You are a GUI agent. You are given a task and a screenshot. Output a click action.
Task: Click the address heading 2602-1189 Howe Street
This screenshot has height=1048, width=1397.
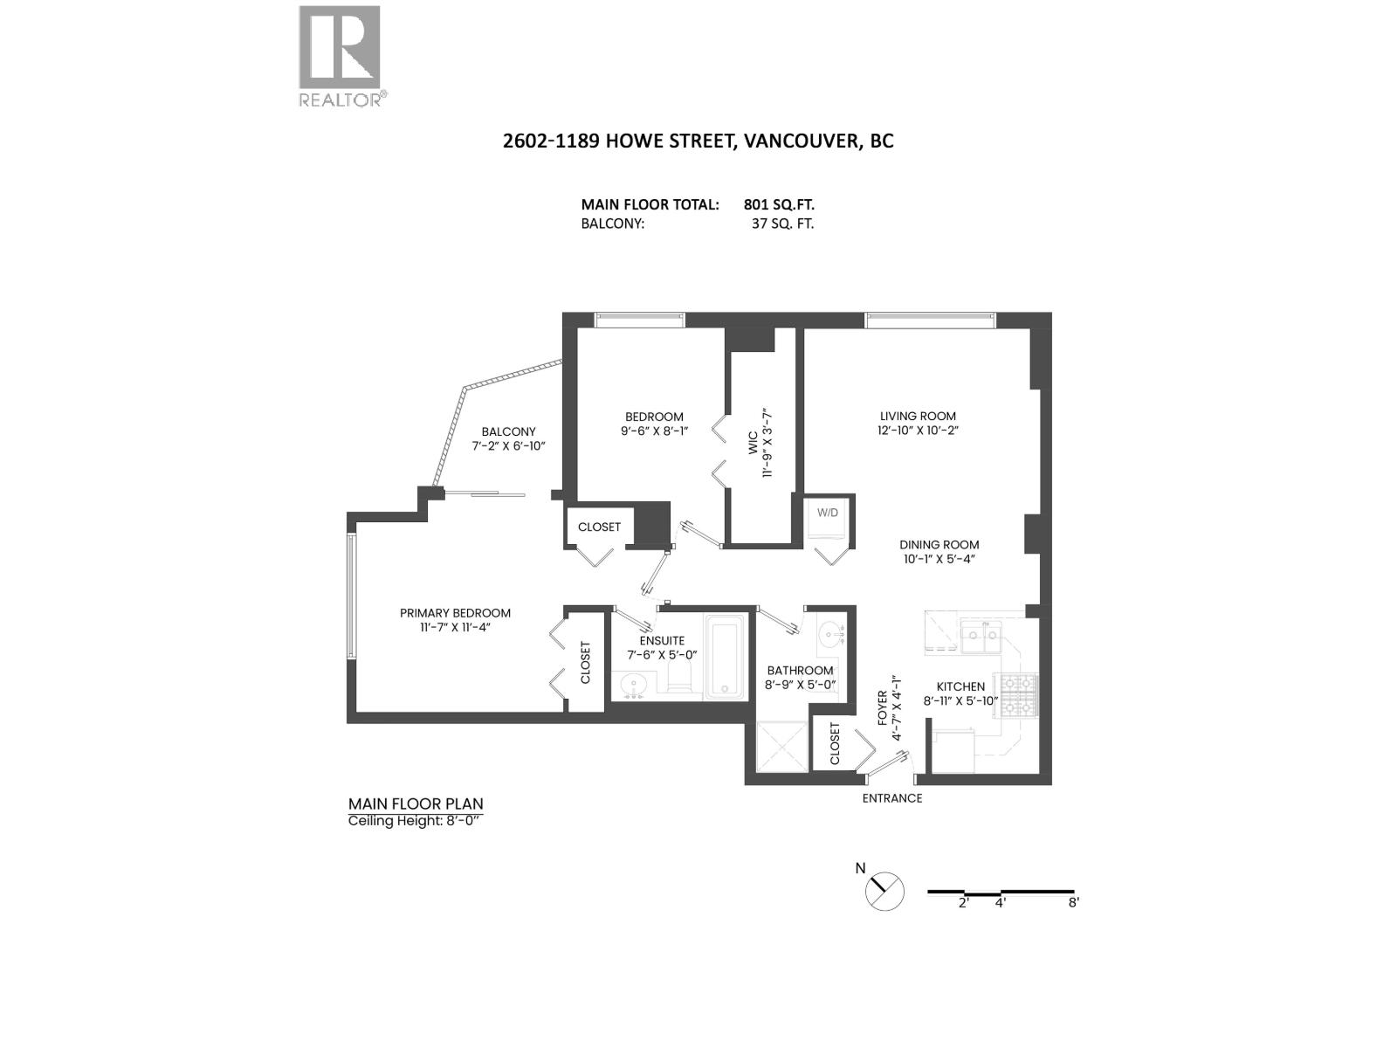[x=698, y=141]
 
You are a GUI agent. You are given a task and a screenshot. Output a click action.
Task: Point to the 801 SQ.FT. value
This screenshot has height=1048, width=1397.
[x=779, y=205]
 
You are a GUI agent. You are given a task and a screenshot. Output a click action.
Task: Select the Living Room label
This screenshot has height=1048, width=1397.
[x=917, y=417]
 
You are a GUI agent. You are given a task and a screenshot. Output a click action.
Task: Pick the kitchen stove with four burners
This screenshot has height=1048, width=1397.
[x=1017, y=696]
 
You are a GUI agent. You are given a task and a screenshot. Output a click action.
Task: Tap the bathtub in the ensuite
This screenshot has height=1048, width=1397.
[x=726, y=658]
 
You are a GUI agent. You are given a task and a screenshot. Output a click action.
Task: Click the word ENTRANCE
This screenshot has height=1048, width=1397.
[x=891, y=798]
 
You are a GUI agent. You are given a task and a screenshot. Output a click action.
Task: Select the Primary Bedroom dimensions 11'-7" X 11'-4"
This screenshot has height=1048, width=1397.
[x=454, y=627]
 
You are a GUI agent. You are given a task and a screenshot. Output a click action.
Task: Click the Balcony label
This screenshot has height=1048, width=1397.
[x=508, y=431]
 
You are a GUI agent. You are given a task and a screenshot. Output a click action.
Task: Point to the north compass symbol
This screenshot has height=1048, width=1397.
[x=884, y=892]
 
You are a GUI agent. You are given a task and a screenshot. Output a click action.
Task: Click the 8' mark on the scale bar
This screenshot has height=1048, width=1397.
[x=1073, y=902]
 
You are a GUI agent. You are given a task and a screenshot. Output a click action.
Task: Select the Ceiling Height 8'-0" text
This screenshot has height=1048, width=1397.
[x=414, y=821]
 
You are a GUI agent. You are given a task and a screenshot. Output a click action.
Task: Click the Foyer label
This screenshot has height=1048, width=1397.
[x=882, y=708]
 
